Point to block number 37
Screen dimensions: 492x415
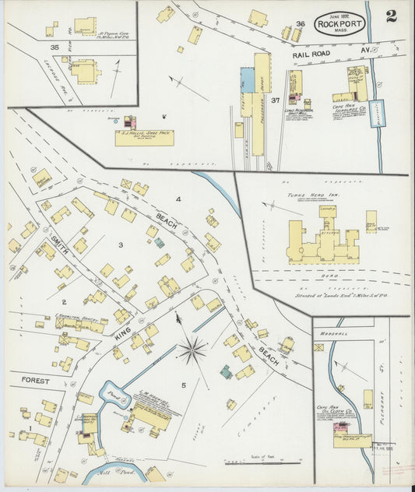pyautogui.click(x=275, y=100)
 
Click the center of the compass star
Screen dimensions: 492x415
pyautogui.click(x=192, y=350)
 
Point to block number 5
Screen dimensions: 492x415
pyautogui.click(x=184, y=385)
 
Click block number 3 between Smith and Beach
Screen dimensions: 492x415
pyautogui.click(x=120, y=245)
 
